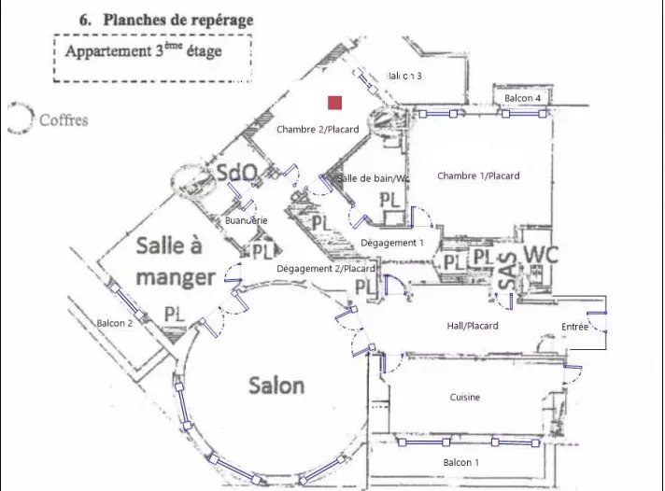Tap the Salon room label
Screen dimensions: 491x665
tap(276, 385)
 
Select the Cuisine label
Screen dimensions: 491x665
tap(465, 398)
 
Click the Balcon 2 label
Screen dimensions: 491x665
tap(115, 323)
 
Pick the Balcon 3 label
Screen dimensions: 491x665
tap(404, 76)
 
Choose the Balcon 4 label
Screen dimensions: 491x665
tap(523, 98)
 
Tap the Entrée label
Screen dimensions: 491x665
tap(575, 326)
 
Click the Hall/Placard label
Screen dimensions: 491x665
tap(474, 326)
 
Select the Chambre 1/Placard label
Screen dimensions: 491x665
tap(478, 175)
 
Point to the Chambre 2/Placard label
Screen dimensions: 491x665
tap(318, 129)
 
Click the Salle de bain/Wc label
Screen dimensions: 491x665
tap(374, 178)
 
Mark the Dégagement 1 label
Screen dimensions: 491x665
tap(392, 242)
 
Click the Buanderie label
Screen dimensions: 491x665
tap(248, 219)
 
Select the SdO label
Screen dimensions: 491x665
tap(237, 173)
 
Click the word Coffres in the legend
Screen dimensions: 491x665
tap(64, 120)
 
